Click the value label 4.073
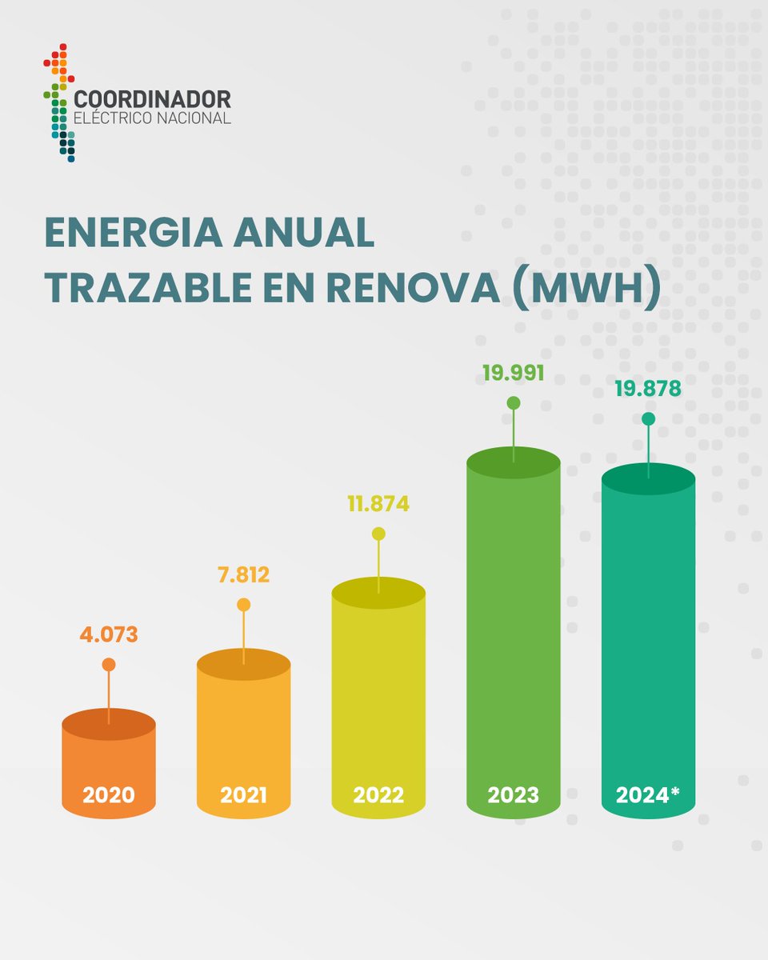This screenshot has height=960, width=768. coord(109,634)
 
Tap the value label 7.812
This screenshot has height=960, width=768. coord(243,574)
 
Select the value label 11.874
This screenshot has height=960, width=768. coord(378,504)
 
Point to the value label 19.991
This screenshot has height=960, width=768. coord(513,373)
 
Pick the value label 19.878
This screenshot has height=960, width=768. coord(648,389)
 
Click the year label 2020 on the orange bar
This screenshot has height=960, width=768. coord(109,796)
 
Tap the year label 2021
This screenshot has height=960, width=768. coord(243,796)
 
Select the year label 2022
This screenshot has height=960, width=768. coord(378,796)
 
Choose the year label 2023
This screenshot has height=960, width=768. coord(513,796)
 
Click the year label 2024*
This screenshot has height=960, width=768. coord(648,796)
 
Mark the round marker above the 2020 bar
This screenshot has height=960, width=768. coord(109,665)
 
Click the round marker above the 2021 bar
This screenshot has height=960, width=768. coord(243,605)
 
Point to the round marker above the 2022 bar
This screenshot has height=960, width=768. coord(378,534)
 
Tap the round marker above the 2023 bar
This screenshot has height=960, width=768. coord(513,402)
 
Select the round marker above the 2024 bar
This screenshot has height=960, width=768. coord(648,418)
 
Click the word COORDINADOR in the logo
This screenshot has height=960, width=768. coord(152,99)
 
